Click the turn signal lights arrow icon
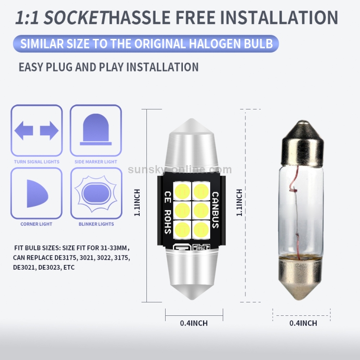(x=36, y=131)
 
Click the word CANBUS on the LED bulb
(x=215, y=210)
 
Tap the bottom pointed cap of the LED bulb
(x=194, y=288)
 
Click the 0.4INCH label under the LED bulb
(x=194, y=324)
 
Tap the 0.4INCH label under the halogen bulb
(x=303, y=324)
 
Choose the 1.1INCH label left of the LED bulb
(x=137, y=202)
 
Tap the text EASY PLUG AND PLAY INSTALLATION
(x=108, y=67)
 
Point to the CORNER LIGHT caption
(x=36, y=224)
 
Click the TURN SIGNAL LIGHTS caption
(x=36, y=162)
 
